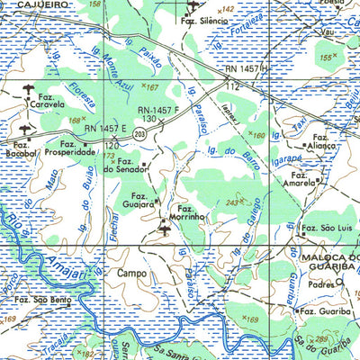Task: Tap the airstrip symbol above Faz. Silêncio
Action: (x=192, y=6)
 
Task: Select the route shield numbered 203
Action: (x=140, y=133)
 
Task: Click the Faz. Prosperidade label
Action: (x=77, y=148)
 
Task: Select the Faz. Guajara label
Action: (x=140, y=200)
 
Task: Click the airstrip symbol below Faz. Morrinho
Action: (x=164, y=229)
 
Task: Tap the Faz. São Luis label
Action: (x=325, y=229)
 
